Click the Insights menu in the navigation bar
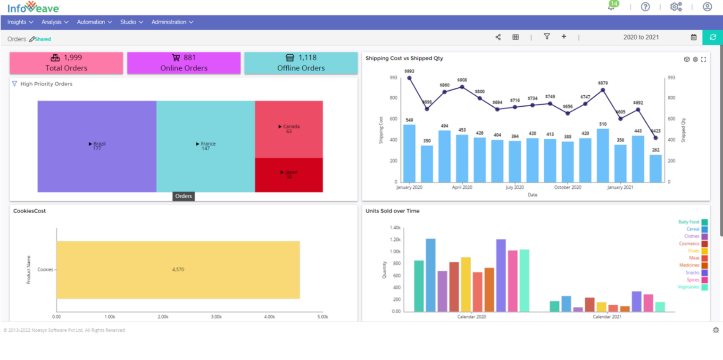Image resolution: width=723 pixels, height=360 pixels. (20, 22)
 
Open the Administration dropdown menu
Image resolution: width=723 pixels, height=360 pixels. (172, 22)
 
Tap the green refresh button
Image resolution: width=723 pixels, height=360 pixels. (712, 37)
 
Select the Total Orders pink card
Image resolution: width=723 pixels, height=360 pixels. (66, 63)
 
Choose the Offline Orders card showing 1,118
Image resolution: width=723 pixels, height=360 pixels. (301, 63)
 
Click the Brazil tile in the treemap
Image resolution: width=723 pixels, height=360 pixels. (97, 146)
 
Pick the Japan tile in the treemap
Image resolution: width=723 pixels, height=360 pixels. (289, 175)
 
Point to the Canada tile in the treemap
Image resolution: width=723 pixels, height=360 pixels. (289, 129)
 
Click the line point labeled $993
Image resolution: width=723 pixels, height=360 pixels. (409, 78)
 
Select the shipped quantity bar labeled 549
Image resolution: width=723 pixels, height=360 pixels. (409, 153)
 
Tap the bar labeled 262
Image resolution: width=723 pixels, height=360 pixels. (656, 168)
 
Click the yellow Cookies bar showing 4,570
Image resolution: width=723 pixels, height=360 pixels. (178, 269)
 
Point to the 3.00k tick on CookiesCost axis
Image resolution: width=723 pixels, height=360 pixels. (216, 317)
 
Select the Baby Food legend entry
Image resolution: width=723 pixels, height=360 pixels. (693, 222)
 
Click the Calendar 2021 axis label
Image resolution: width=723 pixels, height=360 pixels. (607, 317)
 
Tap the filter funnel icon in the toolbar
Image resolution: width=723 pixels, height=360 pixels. (547, 37)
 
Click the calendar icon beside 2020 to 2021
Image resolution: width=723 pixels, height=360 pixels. (694, 37)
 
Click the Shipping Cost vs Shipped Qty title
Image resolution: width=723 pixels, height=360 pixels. (404, 58)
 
